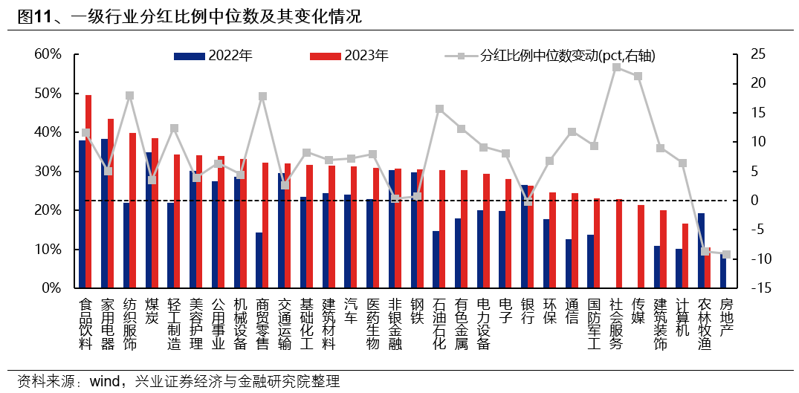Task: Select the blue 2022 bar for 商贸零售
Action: [x=259, y=260]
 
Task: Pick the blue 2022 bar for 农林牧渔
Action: [x=701, y=250]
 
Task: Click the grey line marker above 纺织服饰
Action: [x=130, y=96]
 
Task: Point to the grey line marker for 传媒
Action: [x=638, y=77]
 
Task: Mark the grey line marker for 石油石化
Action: [x=439, y=108]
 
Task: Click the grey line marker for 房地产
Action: [x=727, y=254]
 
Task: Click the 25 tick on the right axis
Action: [x=757, y=54]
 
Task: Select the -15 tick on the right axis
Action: [x=757, y=288]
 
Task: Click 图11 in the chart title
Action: [x=34, y=16]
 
